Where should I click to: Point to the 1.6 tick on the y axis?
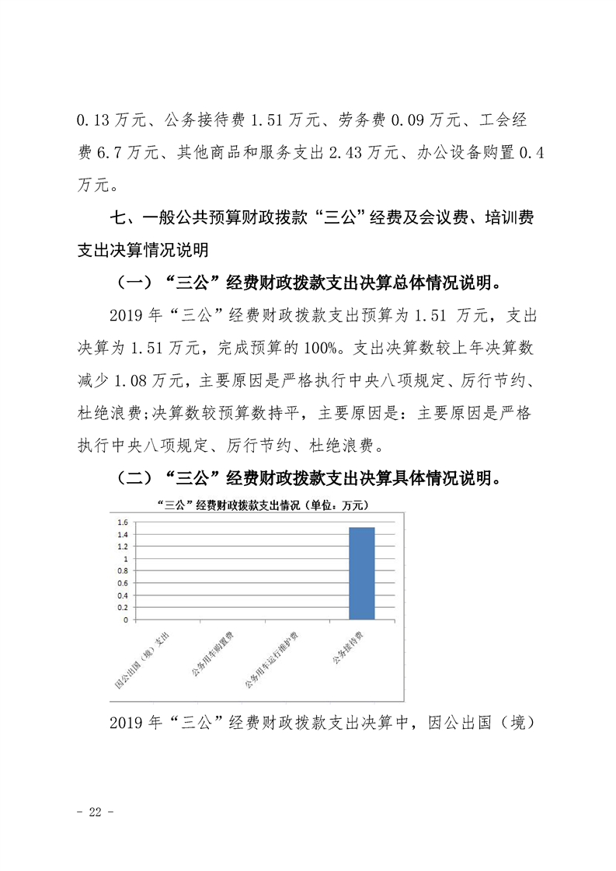click(x=122, y=522)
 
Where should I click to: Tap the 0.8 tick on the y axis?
click(x=122, y=571)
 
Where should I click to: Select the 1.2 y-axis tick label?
click(x=122, y=547)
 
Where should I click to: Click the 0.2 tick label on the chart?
click(x=122, y=608)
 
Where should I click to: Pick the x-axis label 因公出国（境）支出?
click(x=142, y=660)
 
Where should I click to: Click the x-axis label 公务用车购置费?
click(x=212, y=655)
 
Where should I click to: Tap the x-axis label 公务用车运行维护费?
click(x=273, y=660)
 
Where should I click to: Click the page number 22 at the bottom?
click(x=96, y=812)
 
